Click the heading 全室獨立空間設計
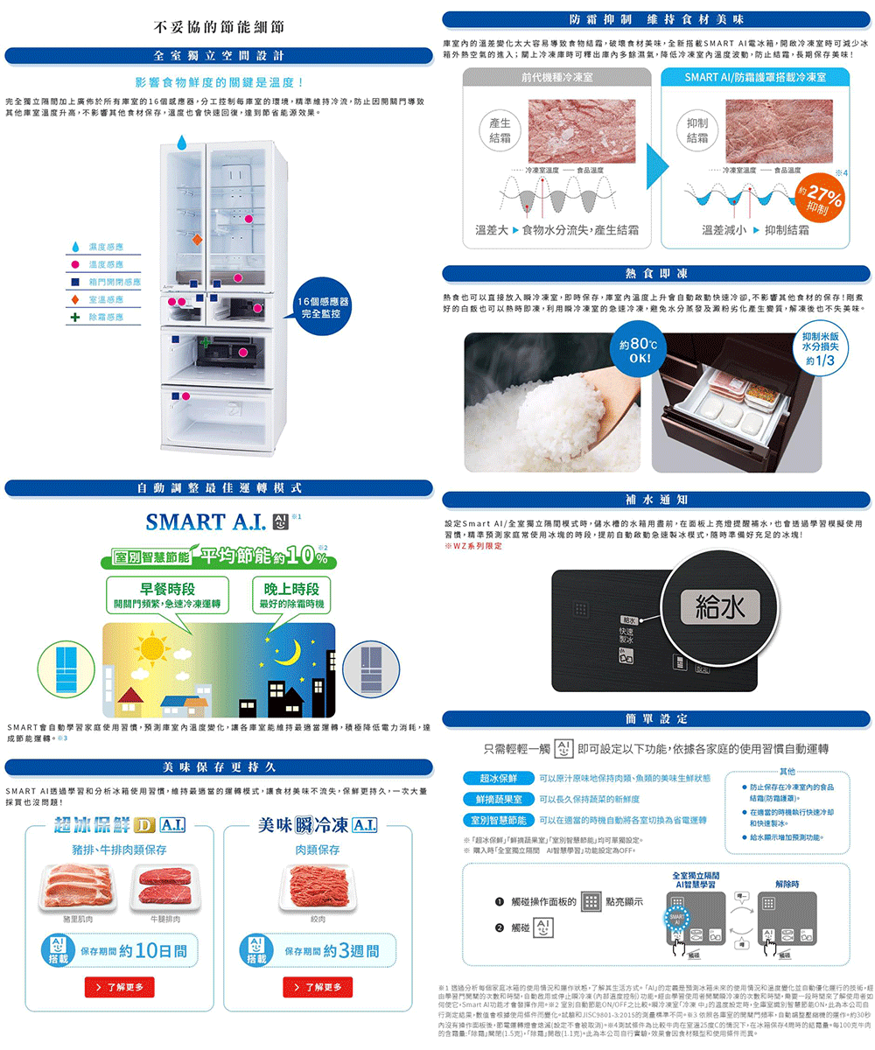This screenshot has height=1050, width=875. [219, 56]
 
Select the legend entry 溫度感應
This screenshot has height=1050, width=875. [105, 264]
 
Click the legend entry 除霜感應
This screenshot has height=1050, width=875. [105, 317]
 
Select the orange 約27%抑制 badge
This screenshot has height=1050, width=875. [820, 199]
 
